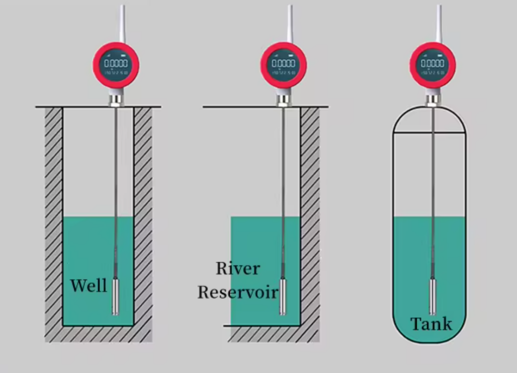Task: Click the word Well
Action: (88, 286)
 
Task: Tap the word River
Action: (238, 268)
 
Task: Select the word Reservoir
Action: (238, 292)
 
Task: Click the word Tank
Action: (431, 323)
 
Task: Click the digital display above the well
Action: (116, 64)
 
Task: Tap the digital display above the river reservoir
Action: (284, 64)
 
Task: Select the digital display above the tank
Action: (433, 64)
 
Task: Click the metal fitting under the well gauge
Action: (116, 98)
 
